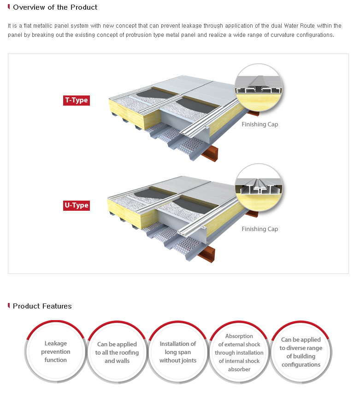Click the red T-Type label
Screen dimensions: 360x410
click(x=76, y=101)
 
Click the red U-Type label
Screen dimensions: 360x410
click(x=76, y=206)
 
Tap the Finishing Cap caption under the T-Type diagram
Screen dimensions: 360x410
click(x=260, y=125)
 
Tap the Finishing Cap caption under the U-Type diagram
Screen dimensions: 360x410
click(x=260, y=229)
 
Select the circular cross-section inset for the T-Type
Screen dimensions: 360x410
click(x=259, y=88)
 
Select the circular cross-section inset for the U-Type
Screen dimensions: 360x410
click(x=259, y=188)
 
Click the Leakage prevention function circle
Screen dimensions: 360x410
click(x=55, y=352)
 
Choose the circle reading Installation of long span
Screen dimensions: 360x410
click(x=177, y=352)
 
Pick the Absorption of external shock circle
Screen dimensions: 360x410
click(x=239, y=352)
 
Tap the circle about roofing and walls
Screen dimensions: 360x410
click(x=117, y=352)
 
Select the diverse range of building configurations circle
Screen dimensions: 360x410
click(x=301, y=352)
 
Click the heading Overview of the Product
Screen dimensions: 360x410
click(x=55, y=7)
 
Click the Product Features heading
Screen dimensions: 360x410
click(x=42, y=306)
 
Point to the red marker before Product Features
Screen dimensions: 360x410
click(x=9, y=305)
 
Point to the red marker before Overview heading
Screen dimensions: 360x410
click(x=9, y=6)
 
